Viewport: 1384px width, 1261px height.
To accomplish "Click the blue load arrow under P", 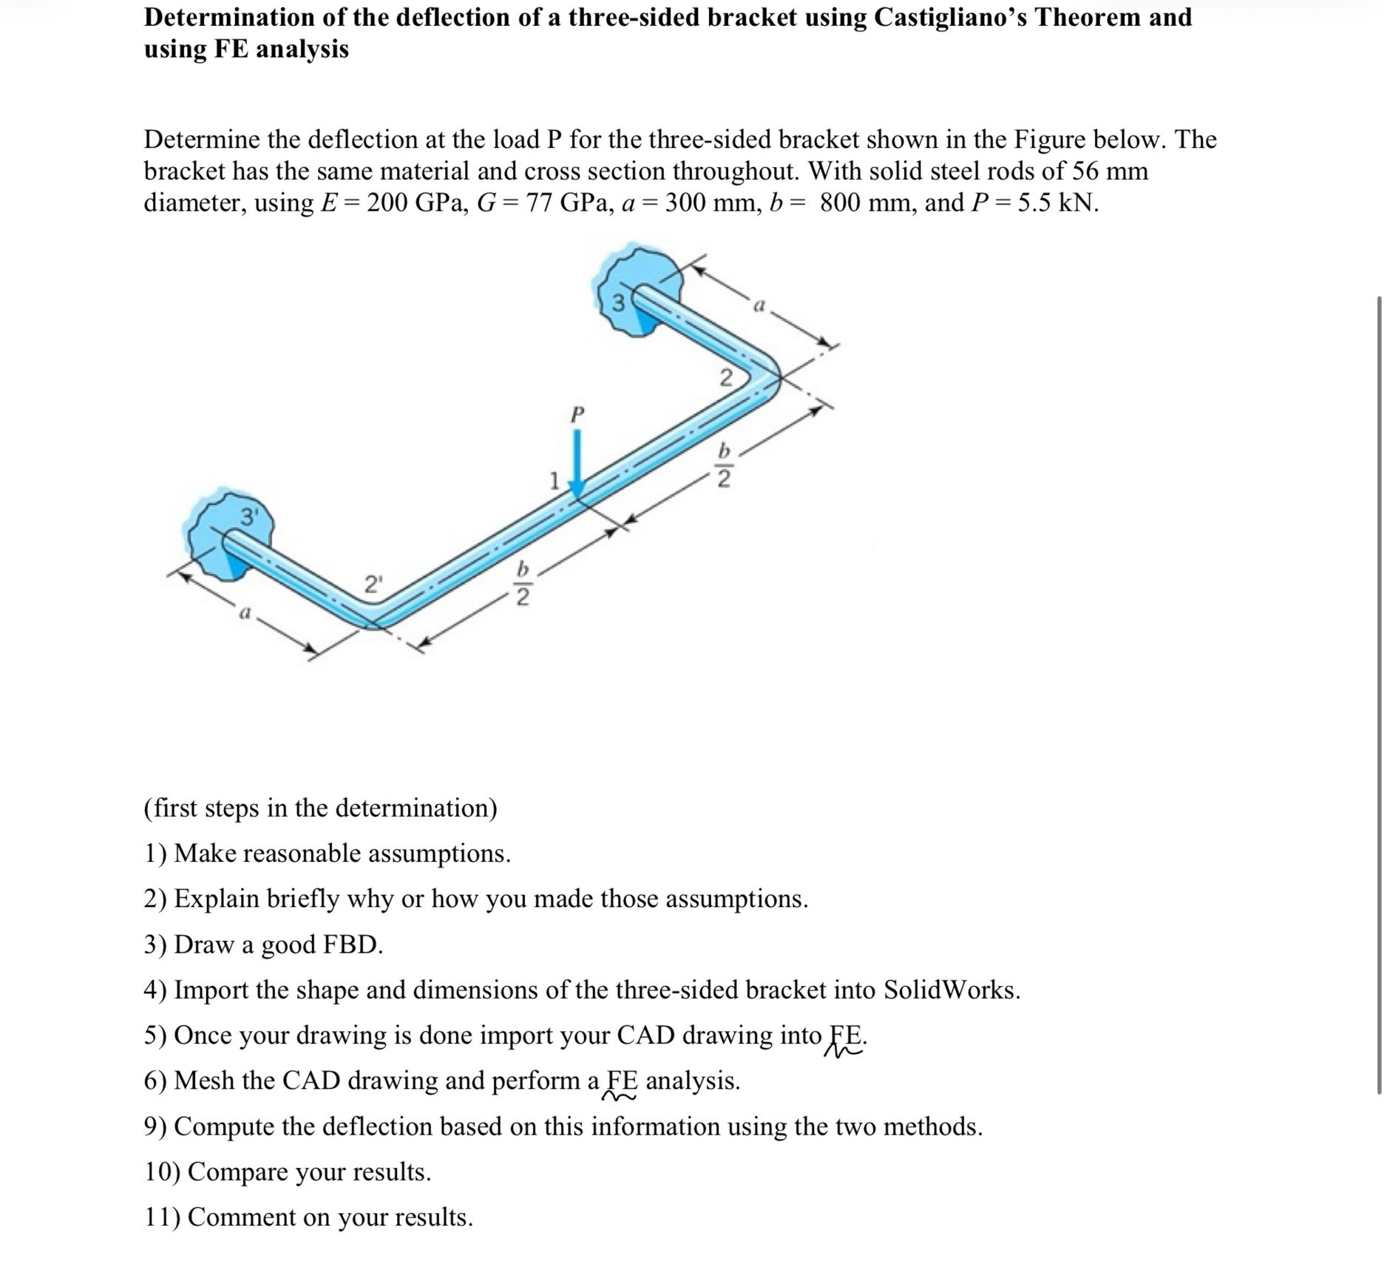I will coord(577,462).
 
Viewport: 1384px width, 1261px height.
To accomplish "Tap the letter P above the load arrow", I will coord(577,413).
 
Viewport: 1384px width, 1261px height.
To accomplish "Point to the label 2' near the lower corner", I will coord(374,584).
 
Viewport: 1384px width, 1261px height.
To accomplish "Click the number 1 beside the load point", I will coord(553,481).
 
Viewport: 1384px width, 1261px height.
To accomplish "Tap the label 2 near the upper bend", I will coord(726,378).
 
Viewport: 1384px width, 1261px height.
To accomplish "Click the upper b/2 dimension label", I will coord(725,466).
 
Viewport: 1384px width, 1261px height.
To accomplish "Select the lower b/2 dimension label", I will coord(523,584).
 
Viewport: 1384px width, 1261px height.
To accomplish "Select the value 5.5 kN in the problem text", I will coord(1057,203).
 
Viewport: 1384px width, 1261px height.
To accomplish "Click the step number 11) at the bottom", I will coord(162,1217).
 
